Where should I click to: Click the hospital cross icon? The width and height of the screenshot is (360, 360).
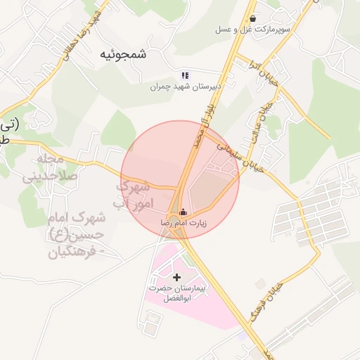[x=176, y=277]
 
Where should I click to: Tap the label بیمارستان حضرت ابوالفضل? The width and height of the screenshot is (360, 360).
[x=176, y=294]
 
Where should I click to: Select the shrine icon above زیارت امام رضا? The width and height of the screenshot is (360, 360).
[x=184, y=212]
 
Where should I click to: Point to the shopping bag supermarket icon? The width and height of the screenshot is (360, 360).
[x=252, y=19]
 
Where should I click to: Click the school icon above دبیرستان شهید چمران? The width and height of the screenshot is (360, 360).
[x=185, y=75]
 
